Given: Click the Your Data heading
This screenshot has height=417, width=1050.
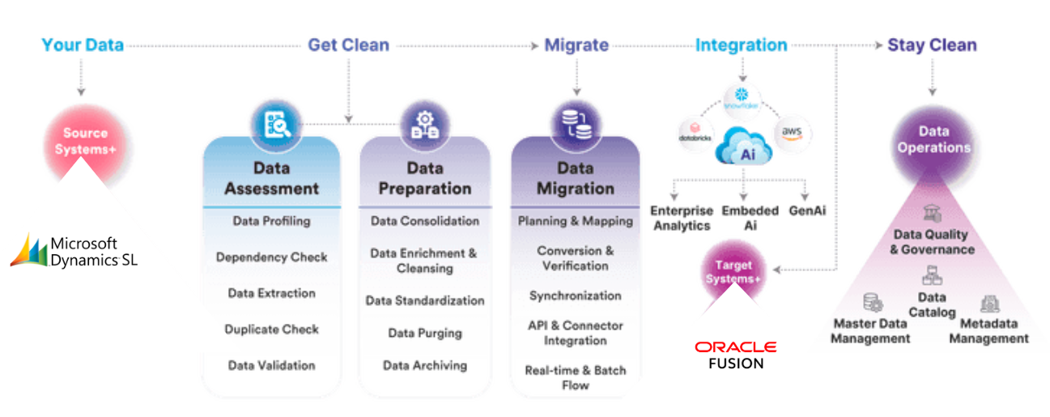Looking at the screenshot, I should coord(83,45).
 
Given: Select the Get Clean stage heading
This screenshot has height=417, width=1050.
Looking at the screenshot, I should coord(348,45).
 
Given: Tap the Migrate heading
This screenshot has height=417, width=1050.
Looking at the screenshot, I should coord(576,45).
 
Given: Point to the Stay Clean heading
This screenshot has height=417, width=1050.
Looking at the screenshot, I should coord(932,45).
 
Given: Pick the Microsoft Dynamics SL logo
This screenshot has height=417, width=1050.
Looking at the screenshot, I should coord(74,251).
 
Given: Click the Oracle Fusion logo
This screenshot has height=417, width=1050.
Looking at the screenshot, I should coord(735,355).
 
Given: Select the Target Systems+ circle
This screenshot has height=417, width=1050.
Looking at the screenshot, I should coord(733,272).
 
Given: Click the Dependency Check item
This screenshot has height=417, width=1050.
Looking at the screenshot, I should coord(271,257).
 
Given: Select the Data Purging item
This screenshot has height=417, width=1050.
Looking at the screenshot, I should coord(424,333).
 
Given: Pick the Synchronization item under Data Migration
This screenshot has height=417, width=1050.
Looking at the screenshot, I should coord(575,296).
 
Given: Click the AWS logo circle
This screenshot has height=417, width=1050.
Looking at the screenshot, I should coord(792,132).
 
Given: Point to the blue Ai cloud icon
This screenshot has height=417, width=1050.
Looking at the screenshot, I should coord(740,148).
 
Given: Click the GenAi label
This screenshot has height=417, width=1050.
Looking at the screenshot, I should coord(806,211).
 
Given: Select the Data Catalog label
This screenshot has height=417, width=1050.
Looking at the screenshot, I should coord(931,304).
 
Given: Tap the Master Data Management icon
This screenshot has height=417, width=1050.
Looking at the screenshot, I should coord(872,303).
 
